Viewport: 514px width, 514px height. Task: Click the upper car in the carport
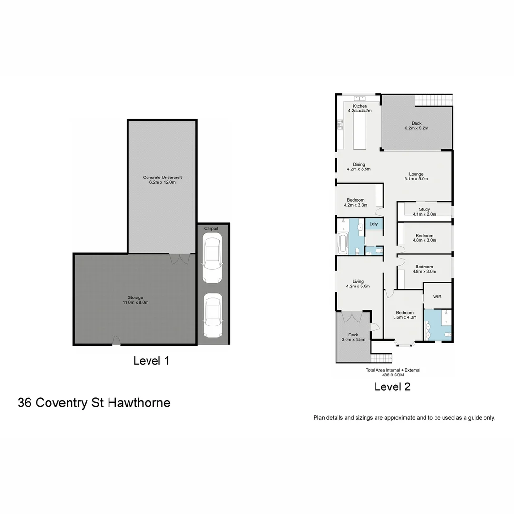pyautogui.click(x=211, y=259)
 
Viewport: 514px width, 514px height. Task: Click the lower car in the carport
pyautogui.click(x=212, y=315)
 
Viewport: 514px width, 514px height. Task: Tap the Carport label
pyautogui.click(x=211, y=229)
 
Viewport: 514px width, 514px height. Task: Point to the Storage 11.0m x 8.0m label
pyautogui.click(x=135, y=300)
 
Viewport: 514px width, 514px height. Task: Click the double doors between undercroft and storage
pyautogui.click(x=180, y=258)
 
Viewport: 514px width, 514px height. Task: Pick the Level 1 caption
pyautogui.click(x=151, y=361)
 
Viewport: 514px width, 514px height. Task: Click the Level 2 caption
pyautogui.click(x=392, y=386)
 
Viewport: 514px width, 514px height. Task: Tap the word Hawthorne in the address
pyautogui.click(x=139, y=403)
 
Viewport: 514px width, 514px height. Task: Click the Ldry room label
pyautogui.click(x=374, y=224)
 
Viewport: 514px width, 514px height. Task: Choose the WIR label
pyautogui.click(x=437, y=297)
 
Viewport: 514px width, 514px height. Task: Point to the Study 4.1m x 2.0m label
pyautogui.click(x=424, y=212)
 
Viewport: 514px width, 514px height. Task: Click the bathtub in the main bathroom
pyautogui.click(x=343, y=244)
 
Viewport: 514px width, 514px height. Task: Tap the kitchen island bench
pyautogui.click(x=360, y=130)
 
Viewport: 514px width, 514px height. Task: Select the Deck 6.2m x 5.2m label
pyautogui.click(x=416, y=126)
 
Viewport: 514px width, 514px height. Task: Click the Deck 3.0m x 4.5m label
pyautogui.click(x=353, y=337)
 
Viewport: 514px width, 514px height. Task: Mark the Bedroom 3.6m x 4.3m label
pyautogui.click(x=403, y=315)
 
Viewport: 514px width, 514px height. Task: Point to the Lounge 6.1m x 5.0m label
pyautogui.click(x=416, y=177)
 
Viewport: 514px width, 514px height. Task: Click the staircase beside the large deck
pyautogui.click(x=433, y=100)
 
